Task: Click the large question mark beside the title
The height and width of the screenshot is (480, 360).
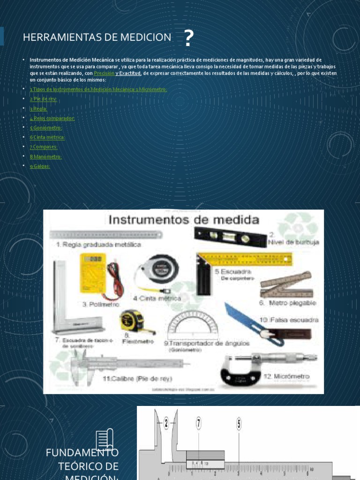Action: coord(188,38)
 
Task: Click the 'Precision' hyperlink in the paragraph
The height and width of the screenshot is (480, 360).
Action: coord(104,74)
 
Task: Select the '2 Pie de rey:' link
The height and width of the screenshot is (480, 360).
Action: coord(43,99)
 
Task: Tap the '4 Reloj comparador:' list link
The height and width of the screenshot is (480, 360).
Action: coord(52,118)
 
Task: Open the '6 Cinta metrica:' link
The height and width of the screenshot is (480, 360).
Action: coord(47,137)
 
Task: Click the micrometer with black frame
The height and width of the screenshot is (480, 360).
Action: coord(260,368)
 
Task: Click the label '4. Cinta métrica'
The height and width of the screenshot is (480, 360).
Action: coord(157,298)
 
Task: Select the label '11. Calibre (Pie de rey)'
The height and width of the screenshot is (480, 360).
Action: coord(137,378)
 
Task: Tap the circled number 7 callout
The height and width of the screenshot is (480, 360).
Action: coord(199,423)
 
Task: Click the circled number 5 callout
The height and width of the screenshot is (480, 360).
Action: coord(239,424)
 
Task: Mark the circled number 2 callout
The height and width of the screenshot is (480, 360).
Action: coord(166,423)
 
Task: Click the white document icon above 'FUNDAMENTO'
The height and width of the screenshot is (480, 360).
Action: coord(105,439)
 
